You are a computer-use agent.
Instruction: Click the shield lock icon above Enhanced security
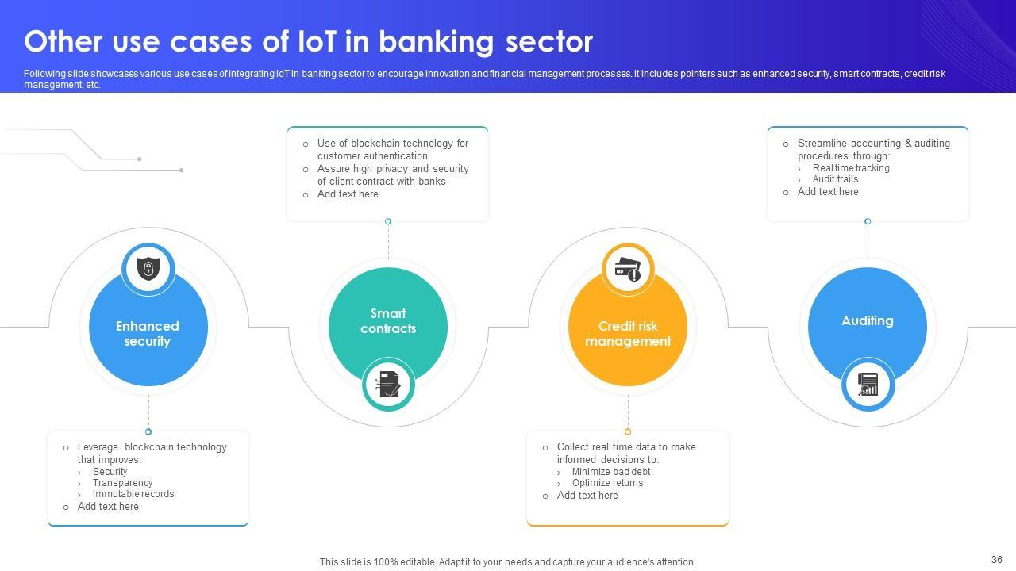pos(148,268)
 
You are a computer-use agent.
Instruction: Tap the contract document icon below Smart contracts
pos(388,385)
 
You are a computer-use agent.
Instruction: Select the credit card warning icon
pos(628,268)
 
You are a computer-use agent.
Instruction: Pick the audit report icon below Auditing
pos(868,385)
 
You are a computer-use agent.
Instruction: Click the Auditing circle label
pos(867,320)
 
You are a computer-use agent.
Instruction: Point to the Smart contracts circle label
pos(388,320)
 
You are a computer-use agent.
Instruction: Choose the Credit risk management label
pos(627,334)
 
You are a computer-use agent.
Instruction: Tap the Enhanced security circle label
pos(148,334)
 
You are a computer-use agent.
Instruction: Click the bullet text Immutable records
pos(133,494)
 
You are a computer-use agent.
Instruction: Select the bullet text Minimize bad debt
pos(610,472)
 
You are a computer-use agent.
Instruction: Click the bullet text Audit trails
pos(835,179)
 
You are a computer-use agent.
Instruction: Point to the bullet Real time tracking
pos(850,168)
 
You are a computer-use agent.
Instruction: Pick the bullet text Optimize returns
pos(607,483)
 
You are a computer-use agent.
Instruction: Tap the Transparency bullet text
pos(122,483)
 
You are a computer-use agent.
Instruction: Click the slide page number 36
pos(997,560)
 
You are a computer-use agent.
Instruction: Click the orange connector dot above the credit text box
pos(628,432)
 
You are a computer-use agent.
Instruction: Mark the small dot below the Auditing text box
pos(868,221)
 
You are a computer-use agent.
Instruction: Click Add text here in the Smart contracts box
pos(348,194)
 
